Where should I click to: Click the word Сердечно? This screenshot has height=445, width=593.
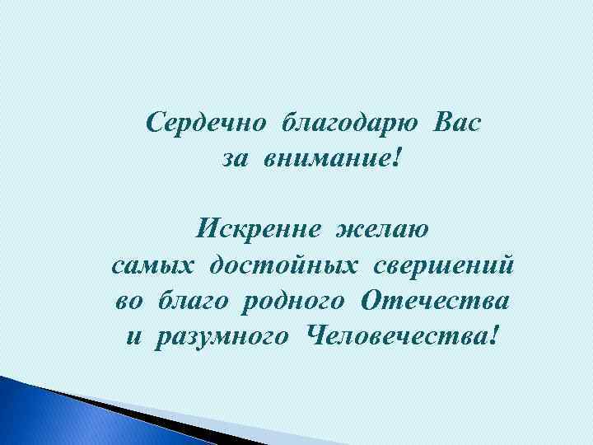coord(206,124)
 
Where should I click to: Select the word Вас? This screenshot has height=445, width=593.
coord(456,124)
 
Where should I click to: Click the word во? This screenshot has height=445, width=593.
coord(129,301)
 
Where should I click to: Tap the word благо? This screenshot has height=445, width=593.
coord(194,301)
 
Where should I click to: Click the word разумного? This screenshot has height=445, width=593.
coord(219,337)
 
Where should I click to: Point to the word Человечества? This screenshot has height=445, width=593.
coord(395,335)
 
